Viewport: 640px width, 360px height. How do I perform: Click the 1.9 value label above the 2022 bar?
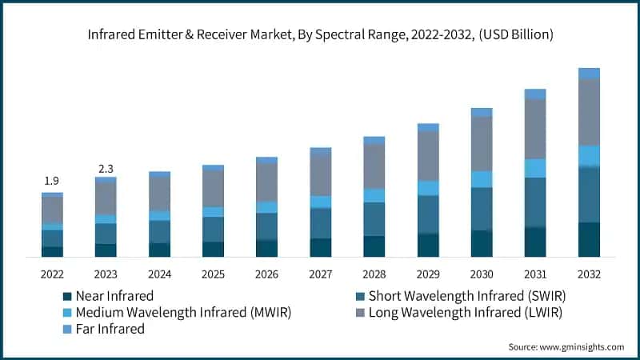(52, 181)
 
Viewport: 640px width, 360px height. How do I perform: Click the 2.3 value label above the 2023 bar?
(106, 168)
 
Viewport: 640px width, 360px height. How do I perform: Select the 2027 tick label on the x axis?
(321, 274)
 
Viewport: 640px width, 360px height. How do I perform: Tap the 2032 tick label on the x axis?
(589, 274)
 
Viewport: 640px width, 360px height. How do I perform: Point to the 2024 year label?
(159, 274)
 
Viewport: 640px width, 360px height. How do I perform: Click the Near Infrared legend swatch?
(67, 295)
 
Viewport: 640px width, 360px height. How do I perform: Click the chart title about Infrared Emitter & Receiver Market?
(320, 35)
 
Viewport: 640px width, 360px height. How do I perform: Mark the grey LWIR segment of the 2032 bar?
(589, 112)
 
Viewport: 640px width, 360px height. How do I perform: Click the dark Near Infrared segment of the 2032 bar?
(589, 239)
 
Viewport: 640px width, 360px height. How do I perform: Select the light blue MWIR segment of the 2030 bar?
(482, 179)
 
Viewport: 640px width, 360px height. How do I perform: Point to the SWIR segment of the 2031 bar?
(535, 202)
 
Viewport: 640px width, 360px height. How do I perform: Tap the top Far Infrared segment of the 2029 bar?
(428, 127)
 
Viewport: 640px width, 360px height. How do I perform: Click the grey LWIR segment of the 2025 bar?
(213, 189)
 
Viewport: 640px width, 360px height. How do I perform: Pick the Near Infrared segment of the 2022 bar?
(52, 251)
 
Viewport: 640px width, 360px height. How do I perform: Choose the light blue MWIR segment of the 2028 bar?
(374, 195)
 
